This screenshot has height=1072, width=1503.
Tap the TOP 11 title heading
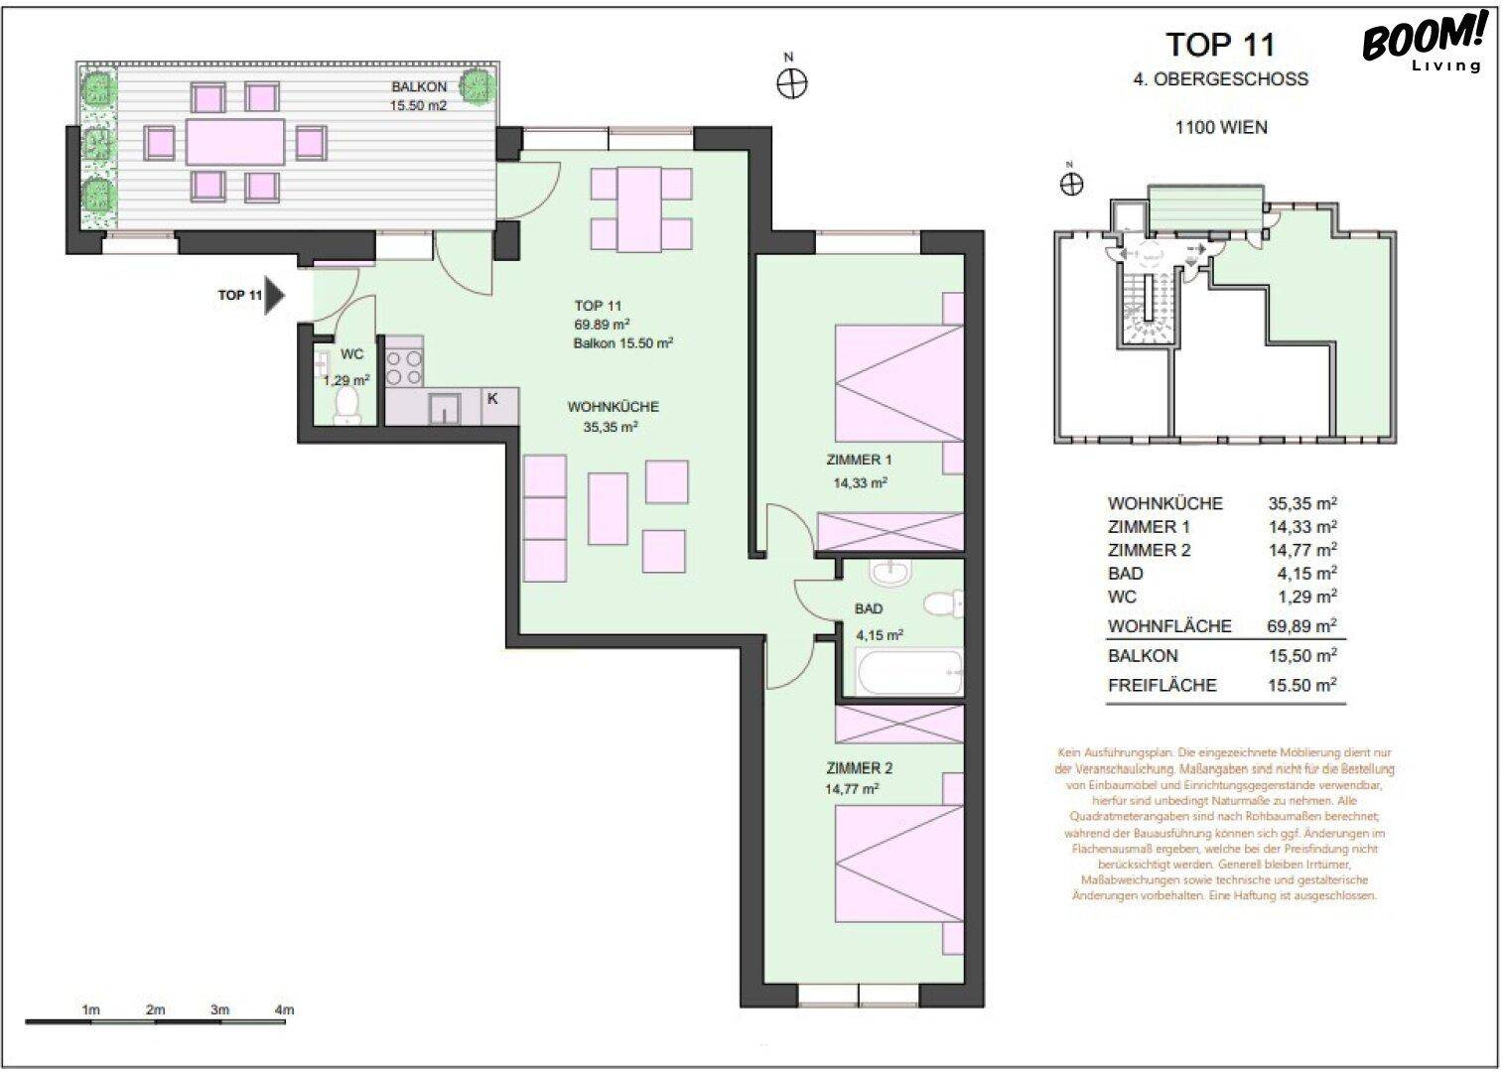[1220, 45]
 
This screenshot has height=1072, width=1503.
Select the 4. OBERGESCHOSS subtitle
[1220, 79]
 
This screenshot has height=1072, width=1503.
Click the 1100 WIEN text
[1221, 127]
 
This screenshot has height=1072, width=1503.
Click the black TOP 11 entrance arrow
[274, 295]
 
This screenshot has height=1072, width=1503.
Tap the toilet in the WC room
[346, 406]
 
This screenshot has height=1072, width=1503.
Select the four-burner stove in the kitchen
[404, 368]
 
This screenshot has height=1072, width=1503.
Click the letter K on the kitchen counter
[492, 398]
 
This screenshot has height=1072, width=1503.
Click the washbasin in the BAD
[891, 572]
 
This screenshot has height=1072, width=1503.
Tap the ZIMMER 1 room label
[859, 461]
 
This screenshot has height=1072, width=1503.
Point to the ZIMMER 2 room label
[860, 768]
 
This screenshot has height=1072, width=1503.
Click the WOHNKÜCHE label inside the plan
[614, 407]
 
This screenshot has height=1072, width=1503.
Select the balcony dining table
[235, 142]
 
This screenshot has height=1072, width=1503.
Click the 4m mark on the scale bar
[285, 1009]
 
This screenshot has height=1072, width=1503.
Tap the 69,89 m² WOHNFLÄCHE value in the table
[1301, 626]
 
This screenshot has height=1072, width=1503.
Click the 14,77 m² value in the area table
[1302, 550]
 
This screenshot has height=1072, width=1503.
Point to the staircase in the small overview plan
[1149, 303]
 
